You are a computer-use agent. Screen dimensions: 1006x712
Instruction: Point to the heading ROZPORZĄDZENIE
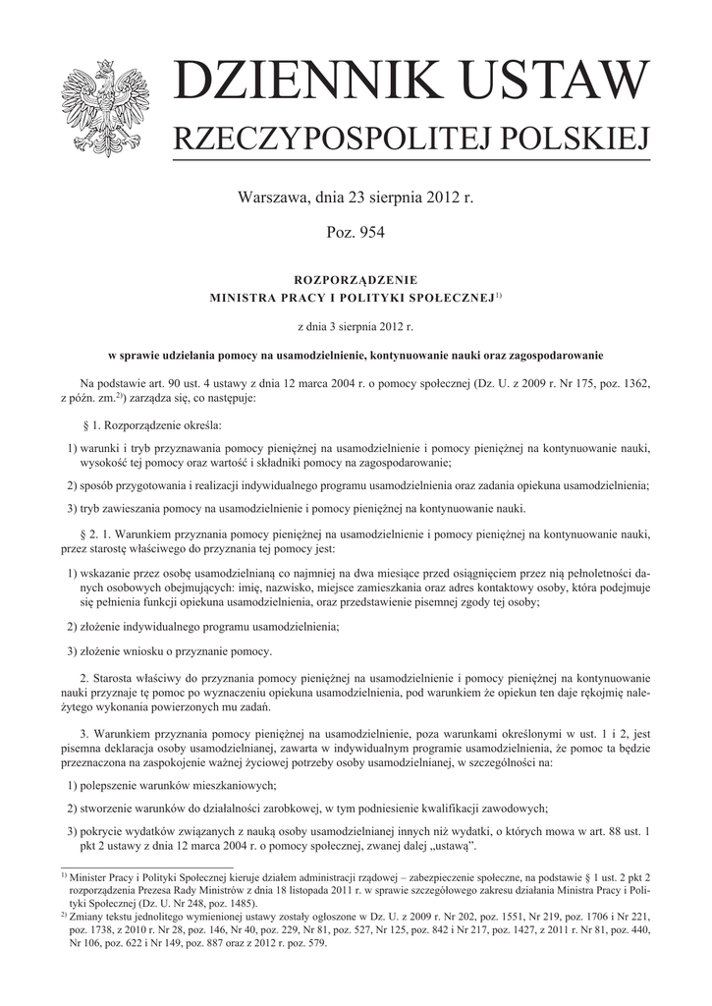coord(356,280)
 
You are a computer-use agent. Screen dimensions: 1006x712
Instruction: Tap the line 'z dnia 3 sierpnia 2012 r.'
coord(356,324)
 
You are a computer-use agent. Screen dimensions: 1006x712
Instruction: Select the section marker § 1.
coord(95,426)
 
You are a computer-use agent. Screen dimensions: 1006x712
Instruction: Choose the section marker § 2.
coord(95,532)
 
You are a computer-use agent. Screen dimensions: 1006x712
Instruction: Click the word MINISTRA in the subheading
coord(247,296)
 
